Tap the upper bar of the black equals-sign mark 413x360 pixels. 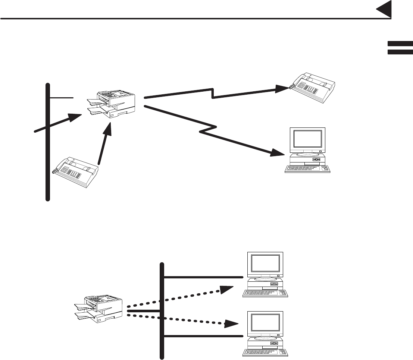(x=400, y=44)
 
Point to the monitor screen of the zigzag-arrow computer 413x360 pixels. (x=307, y=139)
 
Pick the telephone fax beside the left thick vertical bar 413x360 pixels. (x=76, y=172)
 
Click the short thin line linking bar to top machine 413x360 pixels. (x=62, y=98)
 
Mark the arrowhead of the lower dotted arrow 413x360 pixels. (x=231, y=324)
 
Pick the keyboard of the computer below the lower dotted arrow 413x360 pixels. (x=266, y=352)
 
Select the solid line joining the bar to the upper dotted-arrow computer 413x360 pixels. (x=203, y=277)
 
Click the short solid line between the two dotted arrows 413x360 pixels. (x=144, y=310)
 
